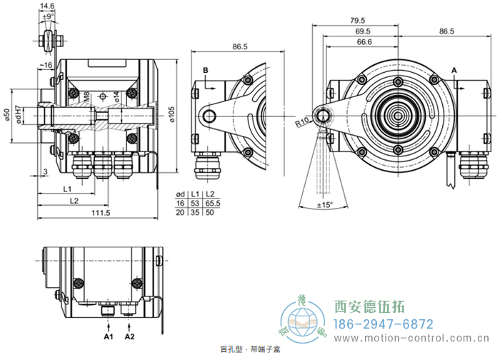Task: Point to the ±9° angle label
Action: click(x=48, y=16)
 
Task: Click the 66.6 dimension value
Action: click(x=364, y=42)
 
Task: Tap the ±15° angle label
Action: click(x=325, y=206)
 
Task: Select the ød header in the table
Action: click(x=181, y=194)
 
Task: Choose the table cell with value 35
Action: click(x=195, y=212)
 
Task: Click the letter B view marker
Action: click(x=204, y=70)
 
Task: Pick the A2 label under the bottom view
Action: click(x=129, y=335)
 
